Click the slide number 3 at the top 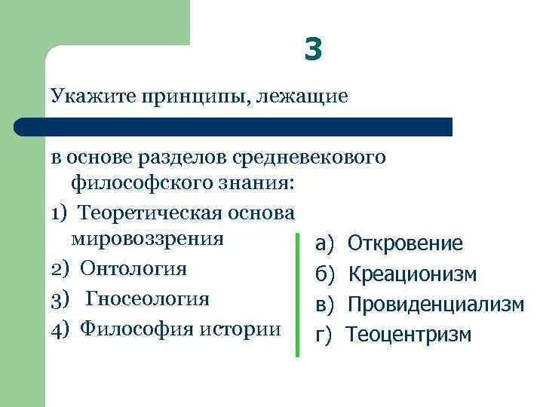tap(314, 50)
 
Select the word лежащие tap(306, 96)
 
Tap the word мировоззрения tap(149, 238)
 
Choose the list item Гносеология tap(147, 298)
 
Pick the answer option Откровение tap(405, 243)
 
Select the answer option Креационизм tap(412, 274)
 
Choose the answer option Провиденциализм tap(435, 304)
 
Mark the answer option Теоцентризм tap(408, 335)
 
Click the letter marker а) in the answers tap(325, 243)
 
